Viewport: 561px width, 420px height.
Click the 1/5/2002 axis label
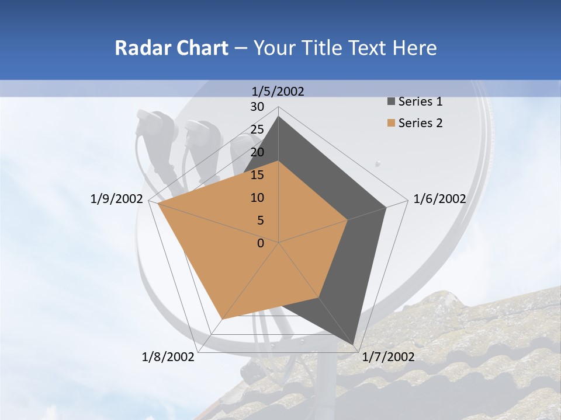278,91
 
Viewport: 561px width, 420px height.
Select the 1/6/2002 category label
439,199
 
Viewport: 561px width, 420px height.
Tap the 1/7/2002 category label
388,357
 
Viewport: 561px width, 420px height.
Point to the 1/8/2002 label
168,357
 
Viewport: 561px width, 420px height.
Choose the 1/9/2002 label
117,199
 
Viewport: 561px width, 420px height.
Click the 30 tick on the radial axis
257,107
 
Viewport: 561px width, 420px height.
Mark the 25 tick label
257,129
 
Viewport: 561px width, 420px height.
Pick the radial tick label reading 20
257,152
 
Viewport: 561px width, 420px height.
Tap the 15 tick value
257,175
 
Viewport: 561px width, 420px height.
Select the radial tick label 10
257,198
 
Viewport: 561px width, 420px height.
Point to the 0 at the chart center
261,243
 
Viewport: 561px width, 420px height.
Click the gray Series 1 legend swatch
391,102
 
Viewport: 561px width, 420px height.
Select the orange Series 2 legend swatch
391,123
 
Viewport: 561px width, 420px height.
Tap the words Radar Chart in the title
171,48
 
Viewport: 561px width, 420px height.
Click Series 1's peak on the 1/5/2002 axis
279,117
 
